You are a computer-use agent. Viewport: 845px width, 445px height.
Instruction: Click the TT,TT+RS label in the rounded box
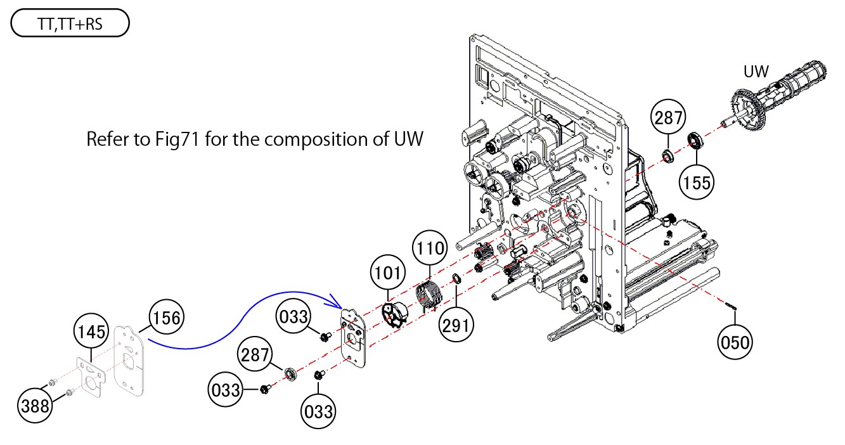click(70, 25)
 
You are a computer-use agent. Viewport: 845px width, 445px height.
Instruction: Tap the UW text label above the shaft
click(756, 72)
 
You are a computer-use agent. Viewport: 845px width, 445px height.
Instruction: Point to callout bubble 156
click(166, 318)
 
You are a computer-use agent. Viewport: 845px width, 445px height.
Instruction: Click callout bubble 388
click(35, 406)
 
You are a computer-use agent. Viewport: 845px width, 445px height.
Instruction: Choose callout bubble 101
click(388, 273)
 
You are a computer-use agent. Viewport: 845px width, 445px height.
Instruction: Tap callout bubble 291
click(457, 325)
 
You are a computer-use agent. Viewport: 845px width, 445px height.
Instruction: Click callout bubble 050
click(735, 342)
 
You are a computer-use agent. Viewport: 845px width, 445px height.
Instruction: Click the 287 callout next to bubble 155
click(669, 118)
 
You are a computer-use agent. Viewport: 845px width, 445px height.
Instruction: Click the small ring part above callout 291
click(456, 278)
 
